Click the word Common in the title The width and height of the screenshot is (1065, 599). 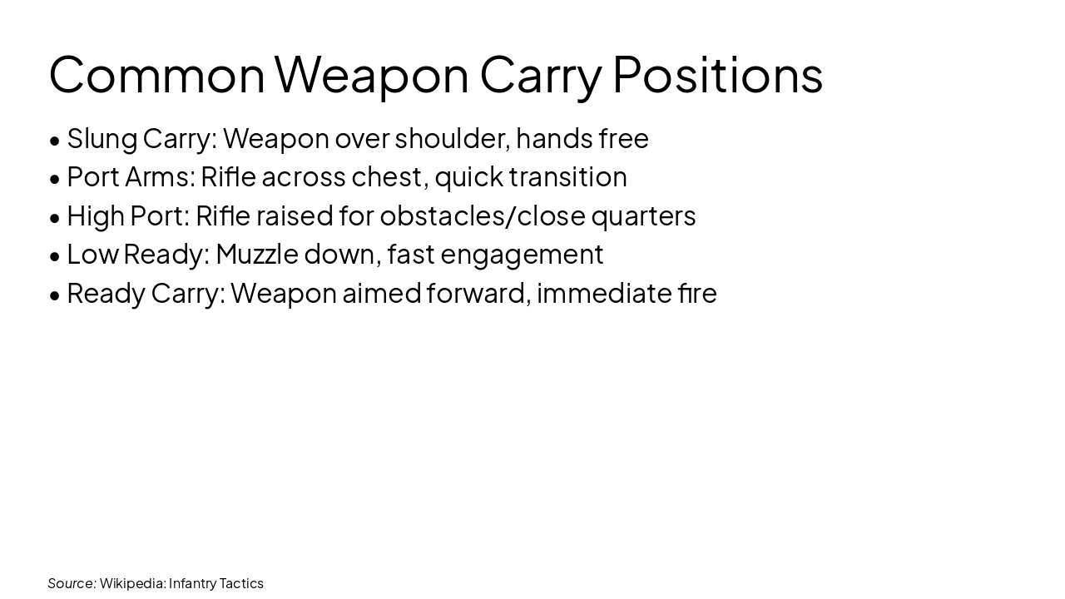click(x=156, y=74)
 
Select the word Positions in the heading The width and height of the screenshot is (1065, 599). click(x=717, y=74)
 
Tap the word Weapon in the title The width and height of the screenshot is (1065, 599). click(x=372, y=74)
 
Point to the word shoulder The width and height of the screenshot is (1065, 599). click(x=452, y=139)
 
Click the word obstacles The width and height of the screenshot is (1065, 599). click(x=444, y=215)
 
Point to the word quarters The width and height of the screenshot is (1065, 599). click(x=643, y=215)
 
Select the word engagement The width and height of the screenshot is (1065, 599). click(x=522, y=255)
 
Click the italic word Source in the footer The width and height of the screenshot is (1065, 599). click(x=72, y=583)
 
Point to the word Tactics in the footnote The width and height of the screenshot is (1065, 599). click(x=241, y=583)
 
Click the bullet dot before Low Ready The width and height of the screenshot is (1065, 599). click(x=55, y=255)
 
